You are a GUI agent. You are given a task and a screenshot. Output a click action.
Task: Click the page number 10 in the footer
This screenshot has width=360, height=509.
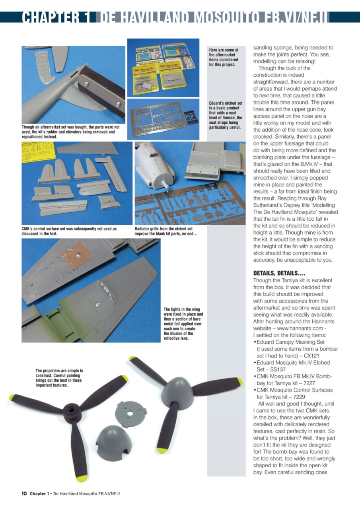pos(24,493)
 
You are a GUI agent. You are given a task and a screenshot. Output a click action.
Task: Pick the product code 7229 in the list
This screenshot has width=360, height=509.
pos(298,397)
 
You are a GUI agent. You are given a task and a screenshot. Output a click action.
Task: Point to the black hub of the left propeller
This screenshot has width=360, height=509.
pos(71,408)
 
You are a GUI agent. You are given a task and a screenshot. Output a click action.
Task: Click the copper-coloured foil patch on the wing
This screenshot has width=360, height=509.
pos(77,255)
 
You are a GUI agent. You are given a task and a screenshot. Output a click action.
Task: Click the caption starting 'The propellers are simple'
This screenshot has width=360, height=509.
pos(59,378)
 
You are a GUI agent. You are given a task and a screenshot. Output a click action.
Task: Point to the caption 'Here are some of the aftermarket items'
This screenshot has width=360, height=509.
pos(224,57)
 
